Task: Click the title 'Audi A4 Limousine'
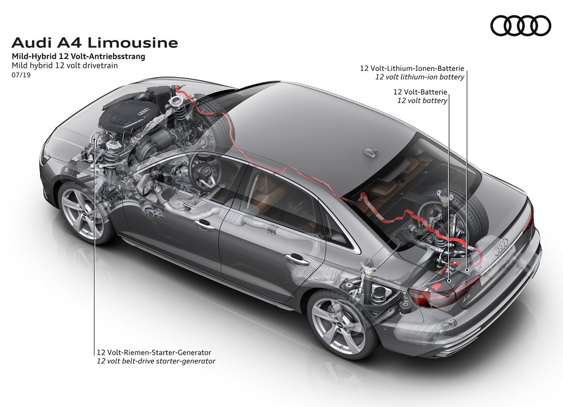(95, 43)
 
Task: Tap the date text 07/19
(21, 75)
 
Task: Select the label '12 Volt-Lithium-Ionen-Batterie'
(412, 68)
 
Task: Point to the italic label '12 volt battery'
(422, 101)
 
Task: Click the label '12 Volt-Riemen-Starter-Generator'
(154, 352)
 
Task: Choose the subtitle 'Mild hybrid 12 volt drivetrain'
(65, 66)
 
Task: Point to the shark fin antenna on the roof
(371, 153)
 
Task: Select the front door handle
(205, 224)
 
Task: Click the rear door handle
(296, 260)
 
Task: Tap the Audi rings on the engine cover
(143, 112)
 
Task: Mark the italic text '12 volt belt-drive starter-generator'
(156, 361)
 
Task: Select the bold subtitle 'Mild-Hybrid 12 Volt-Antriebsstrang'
(78, 56)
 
